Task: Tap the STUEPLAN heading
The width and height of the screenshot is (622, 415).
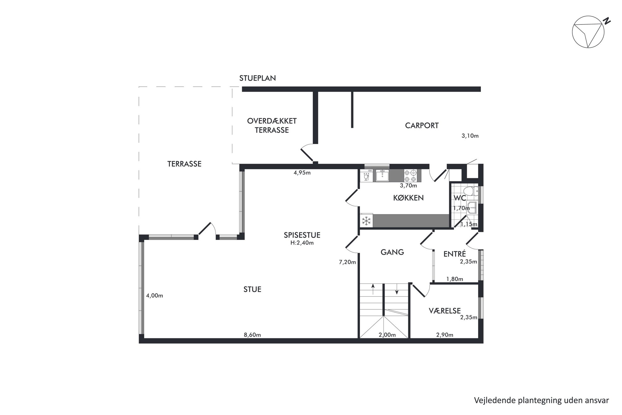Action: (x=257, y=78)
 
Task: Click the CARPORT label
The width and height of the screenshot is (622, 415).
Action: (x=422, y=125)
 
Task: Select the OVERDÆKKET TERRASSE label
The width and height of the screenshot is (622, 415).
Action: (x=272, y=125)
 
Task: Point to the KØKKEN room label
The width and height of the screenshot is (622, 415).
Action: (x=408, y=198)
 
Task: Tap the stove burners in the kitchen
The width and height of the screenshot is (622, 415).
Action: (x=410, y=176)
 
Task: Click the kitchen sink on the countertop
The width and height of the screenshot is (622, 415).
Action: (x=382, y=176)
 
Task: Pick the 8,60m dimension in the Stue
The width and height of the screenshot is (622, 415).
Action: (x=252, y=335)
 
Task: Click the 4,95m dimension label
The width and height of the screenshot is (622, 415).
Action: (x=302, y=173)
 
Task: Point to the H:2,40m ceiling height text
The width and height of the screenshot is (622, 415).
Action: (x=302, y=242)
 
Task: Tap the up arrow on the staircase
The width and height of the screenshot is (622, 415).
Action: (x=373, y=289)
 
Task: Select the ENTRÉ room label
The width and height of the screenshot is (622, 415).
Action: (x=455, y=254)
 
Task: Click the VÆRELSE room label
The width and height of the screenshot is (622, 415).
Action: (x=445, y=311)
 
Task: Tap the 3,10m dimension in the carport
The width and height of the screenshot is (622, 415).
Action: (x=470, y=136)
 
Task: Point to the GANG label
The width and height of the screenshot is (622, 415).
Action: (x=392, y=252)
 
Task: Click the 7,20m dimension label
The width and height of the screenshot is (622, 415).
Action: (x=347, y=262)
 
